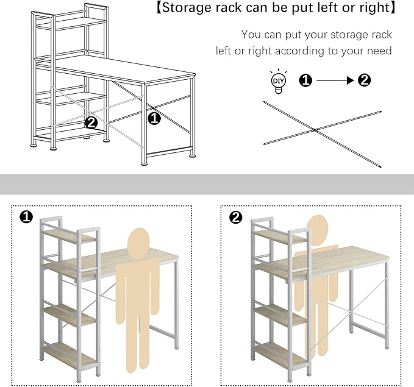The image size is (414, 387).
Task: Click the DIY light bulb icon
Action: [x=278, y=81]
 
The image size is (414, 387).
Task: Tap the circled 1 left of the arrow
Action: [x=305, y=80]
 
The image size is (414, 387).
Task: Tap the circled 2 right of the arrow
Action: [x=365, y=80]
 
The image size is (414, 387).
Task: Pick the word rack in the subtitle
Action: [x=380, y=35]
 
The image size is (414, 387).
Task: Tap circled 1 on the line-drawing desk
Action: [x=154, y=118]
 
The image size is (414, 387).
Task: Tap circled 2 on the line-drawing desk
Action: [x=91, y=122]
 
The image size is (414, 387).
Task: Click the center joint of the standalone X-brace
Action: [x=314, y=130]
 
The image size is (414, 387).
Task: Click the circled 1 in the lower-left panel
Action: [x=26, y=217]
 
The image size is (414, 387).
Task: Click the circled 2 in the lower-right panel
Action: [x=236, y=217]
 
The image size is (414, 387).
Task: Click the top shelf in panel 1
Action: [x=69, y=236]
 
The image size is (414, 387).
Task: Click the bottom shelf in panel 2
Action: [x=280, y=355]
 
